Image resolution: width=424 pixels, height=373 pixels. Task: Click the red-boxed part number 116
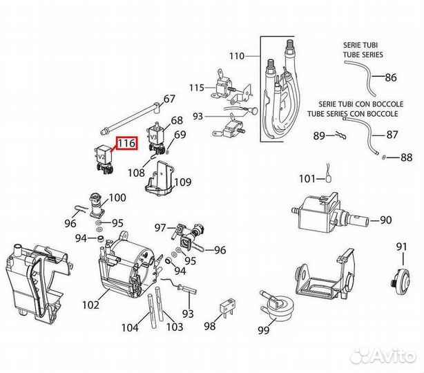[x=126, y=144]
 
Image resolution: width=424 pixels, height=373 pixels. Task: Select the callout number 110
[x=237, y=55]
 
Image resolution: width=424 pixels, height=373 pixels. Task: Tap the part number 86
[x=391, y=77]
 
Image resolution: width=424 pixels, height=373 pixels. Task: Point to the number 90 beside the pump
[x=385, y=221]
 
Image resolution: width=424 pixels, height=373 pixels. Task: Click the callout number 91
[x=401, y=247]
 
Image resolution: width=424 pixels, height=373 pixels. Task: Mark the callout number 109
[x=182, y=183]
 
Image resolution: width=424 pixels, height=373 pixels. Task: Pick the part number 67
[x=170, y=98]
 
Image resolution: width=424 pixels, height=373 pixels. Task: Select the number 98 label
[x=210, y=327]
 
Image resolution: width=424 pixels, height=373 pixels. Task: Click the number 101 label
[x=307, y=180]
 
